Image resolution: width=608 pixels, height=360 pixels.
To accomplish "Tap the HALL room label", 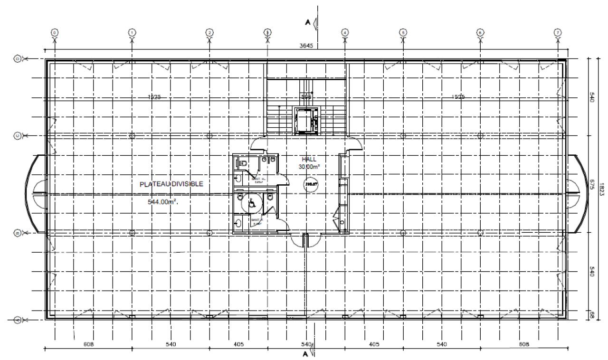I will (309, 159).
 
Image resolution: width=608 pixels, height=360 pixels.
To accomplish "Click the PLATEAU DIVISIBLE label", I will (171, 184).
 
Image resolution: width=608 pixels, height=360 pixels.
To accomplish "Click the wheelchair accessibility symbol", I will (252, 204).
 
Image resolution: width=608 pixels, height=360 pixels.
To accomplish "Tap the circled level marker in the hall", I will (311, 184).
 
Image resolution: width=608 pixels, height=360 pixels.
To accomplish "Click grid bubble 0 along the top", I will (55, 32).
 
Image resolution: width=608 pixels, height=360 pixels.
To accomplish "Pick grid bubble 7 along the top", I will (557, 32).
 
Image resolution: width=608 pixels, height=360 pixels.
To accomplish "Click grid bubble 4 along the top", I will (345, 32).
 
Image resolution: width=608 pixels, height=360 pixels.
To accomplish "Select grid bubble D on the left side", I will (18, 59).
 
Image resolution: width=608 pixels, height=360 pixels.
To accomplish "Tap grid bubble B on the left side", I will (18, 233).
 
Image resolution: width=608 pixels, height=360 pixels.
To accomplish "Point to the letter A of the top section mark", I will (307, 22).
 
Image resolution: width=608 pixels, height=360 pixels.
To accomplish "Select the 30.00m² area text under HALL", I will (309, 167).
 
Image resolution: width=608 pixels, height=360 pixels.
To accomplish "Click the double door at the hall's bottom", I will (306, 240).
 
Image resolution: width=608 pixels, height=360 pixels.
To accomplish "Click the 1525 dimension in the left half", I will (154, 97).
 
